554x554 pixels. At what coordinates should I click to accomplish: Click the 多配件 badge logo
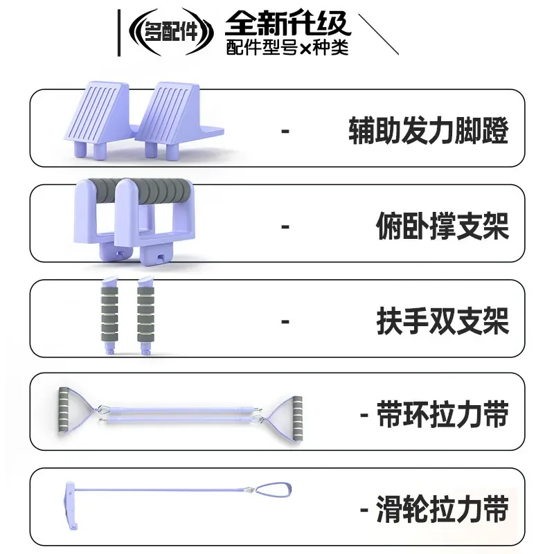pyautogui.click(x=171, y=33)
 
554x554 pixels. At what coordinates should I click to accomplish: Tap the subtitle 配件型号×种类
pyautogui.click(x=287, y=47)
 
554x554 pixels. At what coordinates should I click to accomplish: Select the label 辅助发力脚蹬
pyautogui.click(x=429, y=130)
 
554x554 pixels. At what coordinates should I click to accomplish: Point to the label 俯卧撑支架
pyautogui.click(x=443, y=226)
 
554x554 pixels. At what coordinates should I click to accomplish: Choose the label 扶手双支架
pyautogui.click(x=443, y=321)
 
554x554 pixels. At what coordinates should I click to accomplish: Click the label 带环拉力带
pyautogui.click(x=443, y=414)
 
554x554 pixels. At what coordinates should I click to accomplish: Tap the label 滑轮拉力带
pyautogui.click(x=443, y=509)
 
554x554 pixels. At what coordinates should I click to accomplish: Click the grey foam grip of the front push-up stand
pyautogui.click(x=155, y=191)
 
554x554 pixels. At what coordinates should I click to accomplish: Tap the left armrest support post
pyautogui.click(x=109, y=315)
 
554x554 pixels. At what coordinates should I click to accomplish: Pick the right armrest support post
pyautogui.click(x=145, y=315)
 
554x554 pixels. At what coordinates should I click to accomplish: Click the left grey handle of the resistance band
pyautogui.click(x=64, y=410)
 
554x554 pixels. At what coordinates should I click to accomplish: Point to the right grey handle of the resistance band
pyautogui.click(x=298, y=418)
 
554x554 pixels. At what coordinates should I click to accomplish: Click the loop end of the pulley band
pyautogui.click(x=273, y=490)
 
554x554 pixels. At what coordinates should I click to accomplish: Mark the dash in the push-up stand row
pyautogui.click(x=285, y=226)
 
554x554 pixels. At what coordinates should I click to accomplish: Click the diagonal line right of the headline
pyautogui.click(x=378, y=34)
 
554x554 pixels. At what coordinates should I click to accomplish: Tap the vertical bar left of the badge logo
pyautogui.click(x=118, y=33)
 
